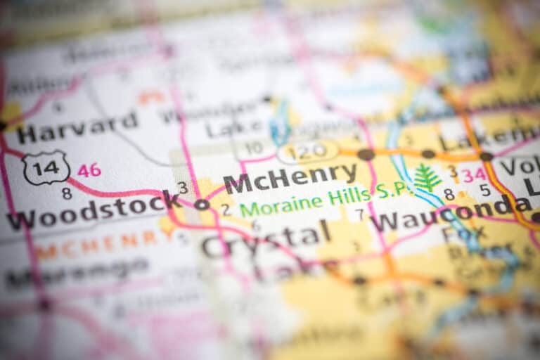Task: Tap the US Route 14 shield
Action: coord(46,167)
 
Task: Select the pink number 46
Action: coord(89,170)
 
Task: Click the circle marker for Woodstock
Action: coord(202,205)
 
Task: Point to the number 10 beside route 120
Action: coord(254,148)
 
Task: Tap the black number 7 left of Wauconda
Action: coord(360,214)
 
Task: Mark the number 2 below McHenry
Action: coord(225,209)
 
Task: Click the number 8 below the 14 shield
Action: coord(66,192)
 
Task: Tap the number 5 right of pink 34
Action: coord(485,190)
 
